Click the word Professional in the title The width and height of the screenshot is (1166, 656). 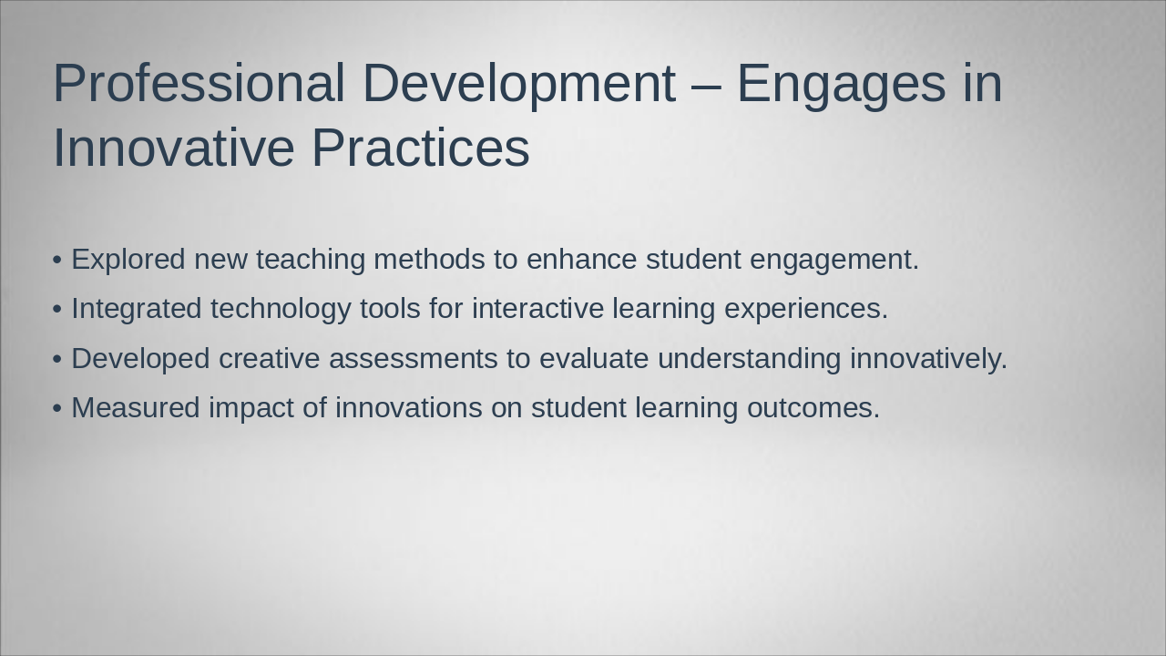(199, 83)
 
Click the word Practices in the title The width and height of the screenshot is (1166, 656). (421, 148)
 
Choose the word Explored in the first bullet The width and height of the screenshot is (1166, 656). (128, 260)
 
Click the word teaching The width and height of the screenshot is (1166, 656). (311, 260)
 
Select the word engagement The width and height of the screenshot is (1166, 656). (834, 261)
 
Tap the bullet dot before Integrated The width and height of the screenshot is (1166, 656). (57, 309)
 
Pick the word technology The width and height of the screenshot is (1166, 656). (281, 309)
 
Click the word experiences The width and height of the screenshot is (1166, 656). (806, 309)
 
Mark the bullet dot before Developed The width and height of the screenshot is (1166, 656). (57, 359)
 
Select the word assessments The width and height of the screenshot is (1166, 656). (414, 359)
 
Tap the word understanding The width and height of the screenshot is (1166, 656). (750, 359)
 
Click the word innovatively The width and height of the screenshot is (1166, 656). (928, 359)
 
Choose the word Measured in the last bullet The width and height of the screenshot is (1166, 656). (136, 407)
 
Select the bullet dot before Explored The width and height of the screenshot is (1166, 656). (57, 260)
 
